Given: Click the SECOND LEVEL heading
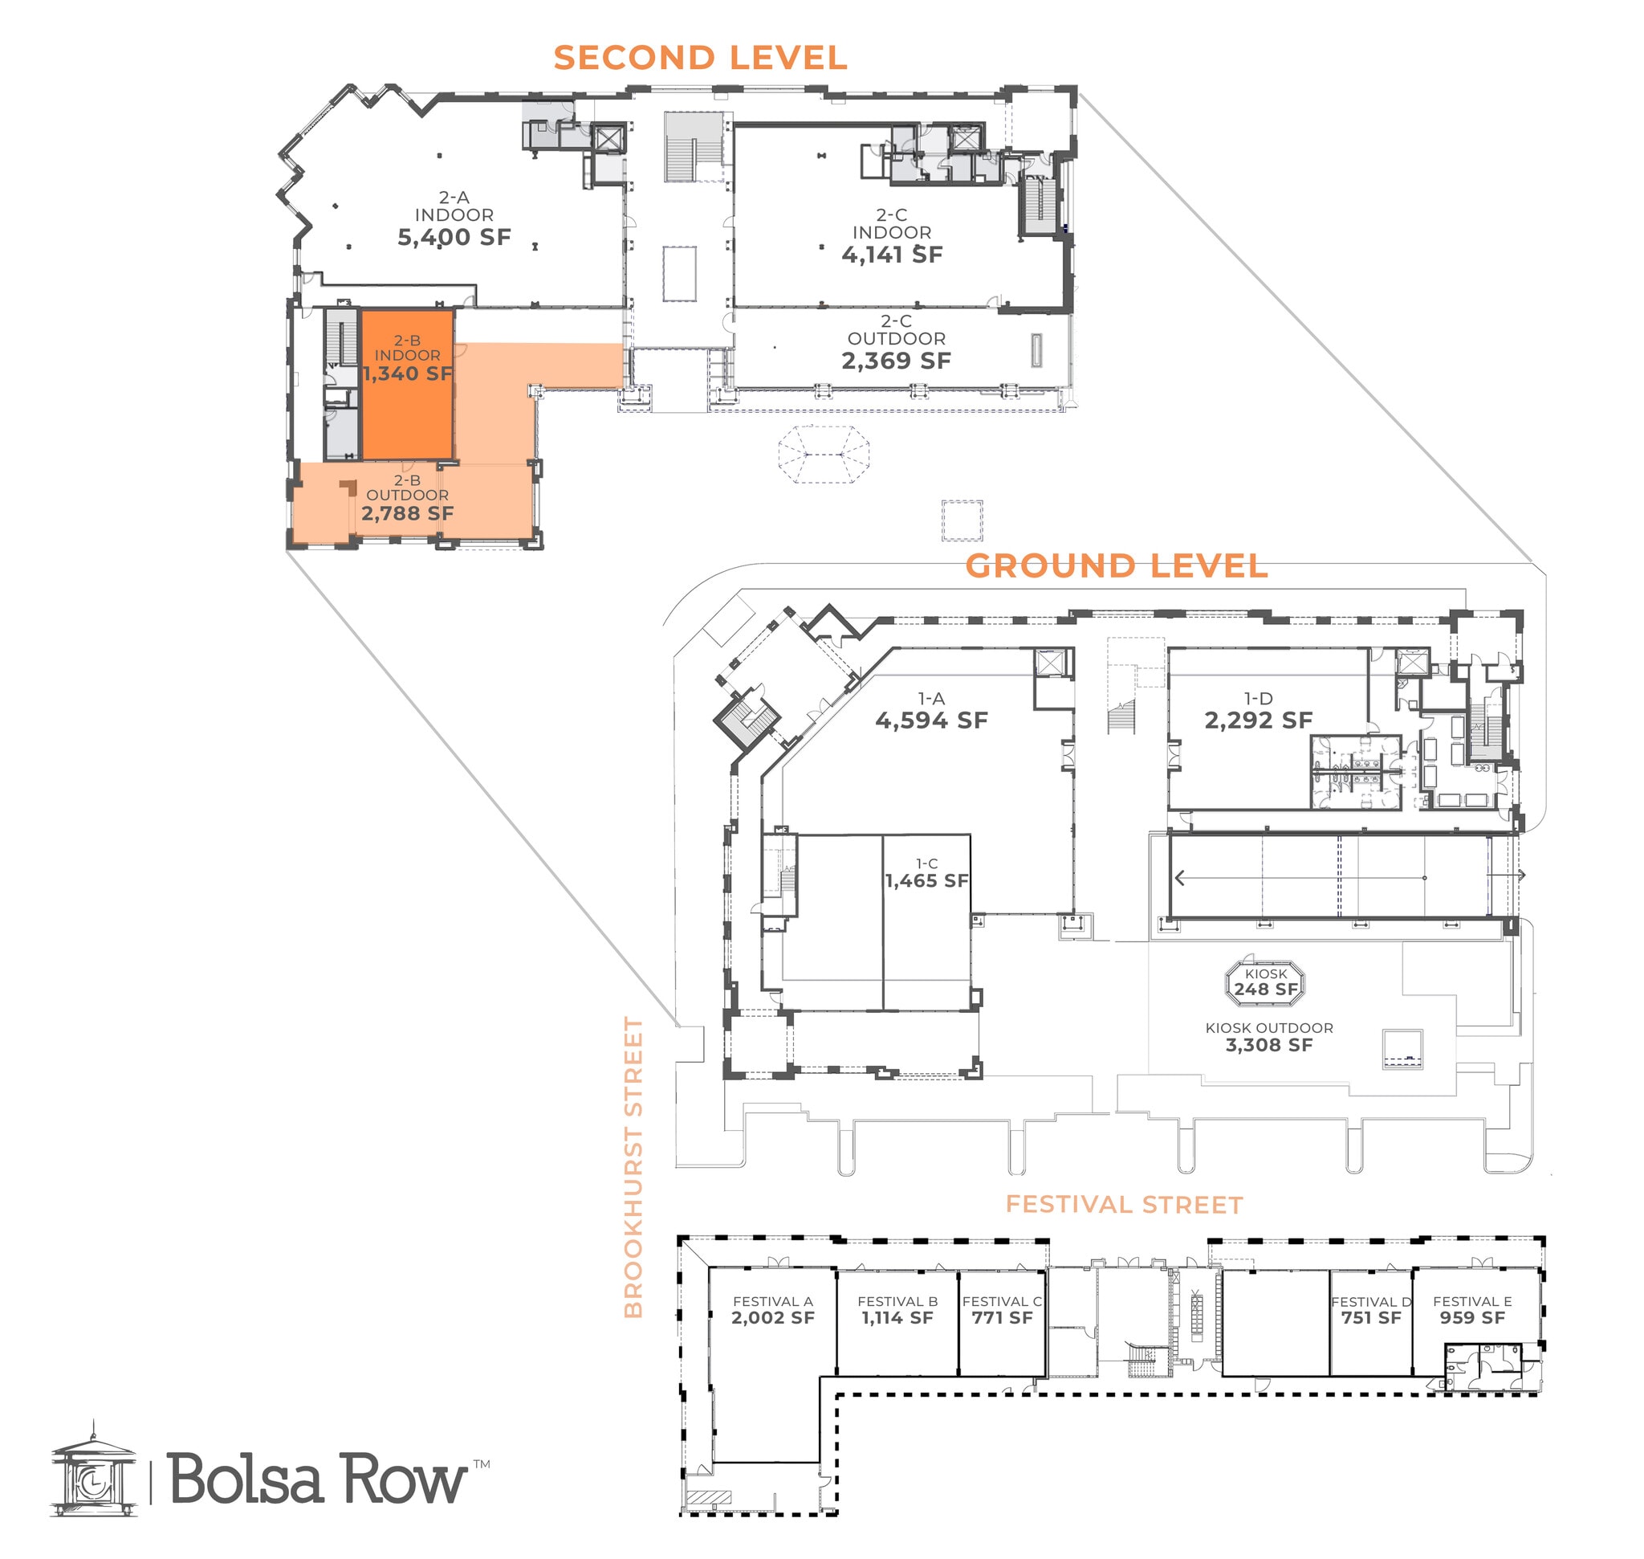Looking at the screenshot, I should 699,58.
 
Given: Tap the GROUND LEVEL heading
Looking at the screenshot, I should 1116,567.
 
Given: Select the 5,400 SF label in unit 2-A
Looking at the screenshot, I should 454,238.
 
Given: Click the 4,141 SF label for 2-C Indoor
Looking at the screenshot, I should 891,255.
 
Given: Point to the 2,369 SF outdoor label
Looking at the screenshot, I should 896,361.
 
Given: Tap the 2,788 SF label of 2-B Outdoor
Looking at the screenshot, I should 407,513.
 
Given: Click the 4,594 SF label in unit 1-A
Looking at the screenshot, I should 931,720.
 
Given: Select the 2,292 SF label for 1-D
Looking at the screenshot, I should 1258,720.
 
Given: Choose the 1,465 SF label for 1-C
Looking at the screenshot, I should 926,881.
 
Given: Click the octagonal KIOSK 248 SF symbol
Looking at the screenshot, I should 1265,982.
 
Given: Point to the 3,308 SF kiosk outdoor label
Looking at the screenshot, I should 1268,1046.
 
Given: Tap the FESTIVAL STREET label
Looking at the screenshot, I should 1124,1205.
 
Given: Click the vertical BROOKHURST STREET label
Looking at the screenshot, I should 634,1168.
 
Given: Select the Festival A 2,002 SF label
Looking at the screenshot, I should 772,1318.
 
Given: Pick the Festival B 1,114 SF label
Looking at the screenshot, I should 897,1318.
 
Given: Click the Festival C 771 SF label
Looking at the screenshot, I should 1002,1318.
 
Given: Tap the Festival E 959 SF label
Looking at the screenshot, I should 1471,1318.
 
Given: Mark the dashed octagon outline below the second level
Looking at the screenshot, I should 824,455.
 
